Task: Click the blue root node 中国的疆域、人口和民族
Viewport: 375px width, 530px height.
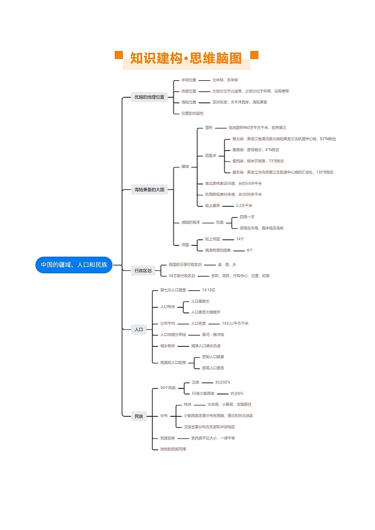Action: click(x=74, y=265)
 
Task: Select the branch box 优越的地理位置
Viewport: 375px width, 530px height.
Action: click(x=149, y=97)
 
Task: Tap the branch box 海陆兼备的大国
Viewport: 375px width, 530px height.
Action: click(x=149, y=190)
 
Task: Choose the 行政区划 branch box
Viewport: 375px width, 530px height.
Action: click(x=143, y=270)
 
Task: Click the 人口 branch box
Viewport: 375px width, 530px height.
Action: click(x=139, y=330)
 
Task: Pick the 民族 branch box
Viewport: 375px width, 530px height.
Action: click(x=139, y=416)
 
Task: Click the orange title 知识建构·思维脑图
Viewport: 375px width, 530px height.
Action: click(x=186, y=59)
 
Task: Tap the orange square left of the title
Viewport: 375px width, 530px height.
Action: click(x=119, y=55)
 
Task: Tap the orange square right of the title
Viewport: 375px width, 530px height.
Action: click(x=254, y=55)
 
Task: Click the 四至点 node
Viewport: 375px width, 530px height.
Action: click(x=211, y=155)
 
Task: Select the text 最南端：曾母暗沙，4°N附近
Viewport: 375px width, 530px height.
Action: click(x=256, y=150)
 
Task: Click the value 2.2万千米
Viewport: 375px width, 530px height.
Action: click(x=244, y=206)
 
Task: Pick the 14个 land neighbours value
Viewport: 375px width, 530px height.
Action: click(x=240, y=239)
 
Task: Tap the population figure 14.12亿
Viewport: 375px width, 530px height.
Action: click(x=209, y=290)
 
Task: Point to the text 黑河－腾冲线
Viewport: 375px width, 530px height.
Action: click(x=213, y=335)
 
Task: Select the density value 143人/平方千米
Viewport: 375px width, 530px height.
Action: click(x=235, y=323)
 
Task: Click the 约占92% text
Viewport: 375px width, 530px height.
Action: click(x=223, y=382)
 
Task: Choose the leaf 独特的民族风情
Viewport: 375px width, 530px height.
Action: click(x=173, y=449)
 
